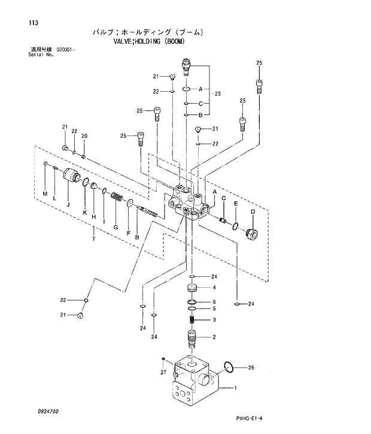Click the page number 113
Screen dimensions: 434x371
tap(23, 23)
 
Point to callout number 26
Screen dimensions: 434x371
tap(251, 367)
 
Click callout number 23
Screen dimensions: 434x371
tap(218, 94)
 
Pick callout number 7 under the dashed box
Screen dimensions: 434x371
tap(93, 240)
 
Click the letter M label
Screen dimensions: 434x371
tap(44, 192)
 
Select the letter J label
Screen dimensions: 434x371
tap(68, 204)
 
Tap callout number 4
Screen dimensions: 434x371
tap(214, 287)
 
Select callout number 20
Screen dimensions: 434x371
tap(84, 136)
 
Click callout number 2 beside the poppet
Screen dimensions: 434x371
tap(214, 337)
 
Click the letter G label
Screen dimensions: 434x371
tap(115, 227)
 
